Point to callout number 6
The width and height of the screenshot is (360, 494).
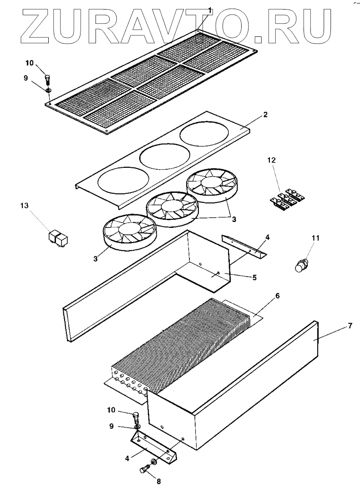coord(278,296)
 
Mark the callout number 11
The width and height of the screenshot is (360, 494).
coord(316,238)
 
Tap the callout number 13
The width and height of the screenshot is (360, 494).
coord(25,206)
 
